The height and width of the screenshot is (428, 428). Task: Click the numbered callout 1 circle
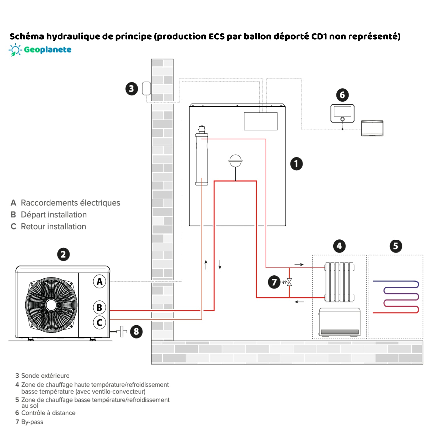(x=296, y=164)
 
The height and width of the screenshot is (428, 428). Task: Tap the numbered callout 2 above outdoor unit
(x=63, y=254)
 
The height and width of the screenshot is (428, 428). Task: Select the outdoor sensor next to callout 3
(x=146, y=88)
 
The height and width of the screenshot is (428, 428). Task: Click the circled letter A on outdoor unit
(x=99, y=281)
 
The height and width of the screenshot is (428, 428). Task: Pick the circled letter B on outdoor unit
(x=99, y=307)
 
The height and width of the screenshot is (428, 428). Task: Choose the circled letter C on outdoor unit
(x=99, y=322)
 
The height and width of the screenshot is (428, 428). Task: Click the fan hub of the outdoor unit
(x=51, y=305)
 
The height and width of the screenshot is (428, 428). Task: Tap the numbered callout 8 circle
(x=136, y=332)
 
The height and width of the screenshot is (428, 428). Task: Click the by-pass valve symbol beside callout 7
(x=289, y=282)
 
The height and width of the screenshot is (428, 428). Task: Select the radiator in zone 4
(x=339, y=282)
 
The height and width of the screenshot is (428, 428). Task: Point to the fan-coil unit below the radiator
(x=339, y=322)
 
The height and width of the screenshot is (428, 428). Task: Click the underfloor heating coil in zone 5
(x=396, y=297)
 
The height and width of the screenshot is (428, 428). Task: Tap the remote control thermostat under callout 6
(x=342, y=114)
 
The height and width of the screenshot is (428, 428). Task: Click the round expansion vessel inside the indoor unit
(x=235, y=161)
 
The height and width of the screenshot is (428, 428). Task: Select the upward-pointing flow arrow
(x=206, y=265)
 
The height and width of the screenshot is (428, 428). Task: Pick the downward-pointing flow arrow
(x=220, y=265)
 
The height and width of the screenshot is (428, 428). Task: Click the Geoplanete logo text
(x=47, y=50)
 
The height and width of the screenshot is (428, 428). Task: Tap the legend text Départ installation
(x=54, y=215)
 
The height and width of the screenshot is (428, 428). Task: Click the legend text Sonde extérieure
(x=45, y=375)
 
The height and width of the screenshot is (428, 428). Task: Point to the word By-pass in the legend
(x=32, y=422)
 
